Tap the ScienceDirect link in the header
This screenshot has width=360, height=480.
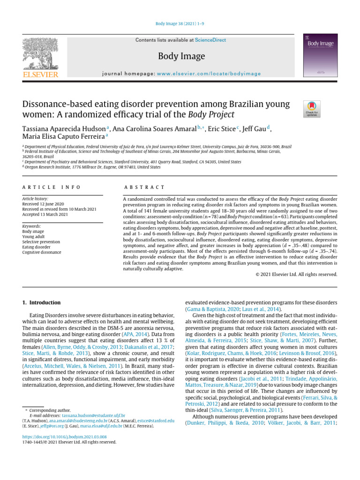click(210, 40)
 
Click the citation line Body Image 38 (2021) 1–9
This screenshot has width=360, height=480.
click(180, 23)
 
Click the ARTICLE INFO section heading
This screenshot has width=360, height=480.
click(52, 187)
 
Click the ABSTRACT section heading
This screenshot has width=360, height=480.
click(143, 187)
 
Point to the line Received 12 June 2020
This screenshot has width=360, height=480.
click(44, 204)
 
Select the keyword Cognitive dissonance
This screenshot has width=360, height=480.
click(42, 252)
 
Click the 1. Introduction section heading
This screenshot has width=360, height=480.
click(42, 303)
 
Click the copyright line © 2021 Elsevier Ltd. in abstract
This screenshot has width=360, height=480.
click(297, 274)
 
